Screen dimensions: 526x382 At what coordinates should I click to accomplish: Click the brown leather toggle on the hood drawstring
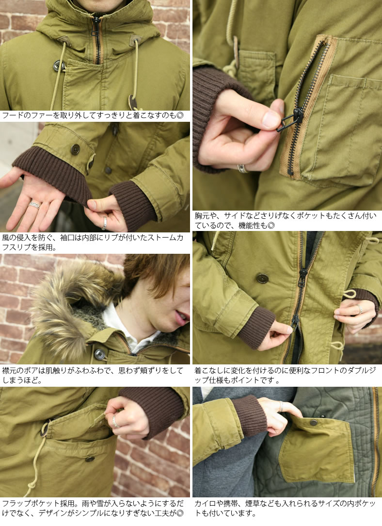click(131, 102)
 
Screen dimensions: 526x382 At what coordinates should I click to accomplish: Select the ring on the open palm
click(34, 205)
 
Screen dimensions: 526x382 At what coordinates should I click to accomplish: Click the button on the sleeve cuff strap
click(75, 149)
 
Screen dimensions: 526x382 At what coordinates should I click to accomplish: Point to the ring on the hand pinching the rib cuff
click(104, 223)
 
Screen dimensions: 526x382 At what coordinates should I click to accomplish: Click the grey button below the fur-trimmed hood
click(99, 354)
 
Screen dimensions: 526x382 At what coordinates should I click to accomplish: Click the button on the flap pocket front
click(90, 458)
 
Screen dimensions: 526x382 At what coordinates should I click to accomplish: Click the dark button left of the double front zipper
click(262, 278)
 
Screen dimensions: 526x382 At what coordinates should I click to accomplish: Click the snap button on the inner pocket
click(313, 422)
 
